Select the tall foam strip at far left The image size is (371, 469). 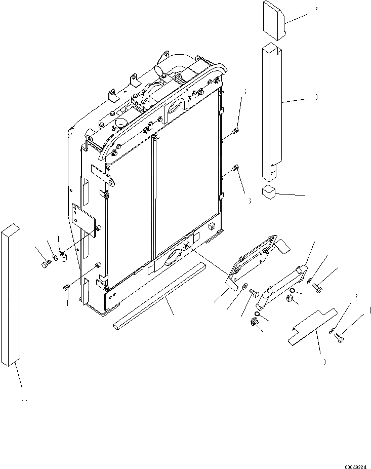click(x=12, y=294)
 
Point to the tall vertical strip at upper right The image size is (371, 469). click(x=271, y=111)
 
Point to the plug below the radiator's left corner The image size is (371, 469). click(x=66, y=288)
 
